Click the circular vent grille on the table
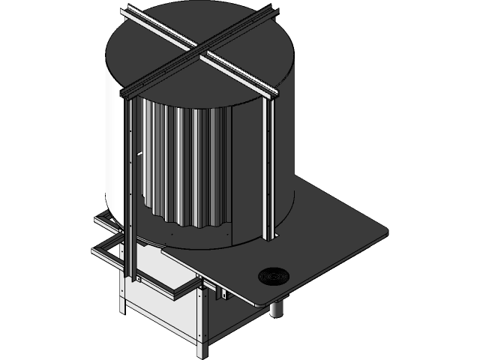[272, 277]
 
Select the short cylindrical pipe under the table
[277, 307]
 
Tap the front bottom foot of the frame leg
[200, 350]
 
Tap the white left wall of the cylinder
[112, 150]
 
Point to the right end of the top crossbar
[274, 94]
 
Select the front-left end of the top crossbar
[127, 93]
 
